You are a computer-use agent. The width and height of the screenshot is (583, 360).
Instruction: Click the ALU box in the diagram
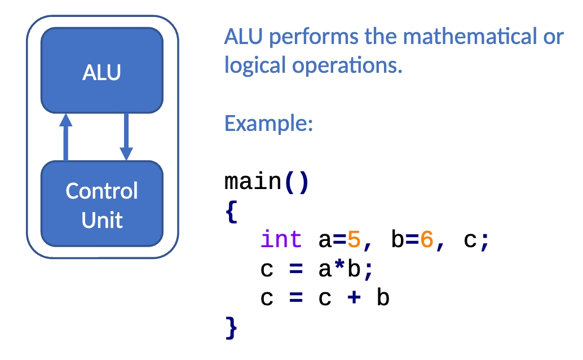(102, 70)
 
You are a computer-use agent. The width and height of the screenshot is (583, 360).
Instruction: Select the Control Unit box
(102, 204)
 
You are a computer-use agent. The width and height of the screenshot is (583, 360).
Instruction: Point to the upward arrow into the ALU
(66, 137)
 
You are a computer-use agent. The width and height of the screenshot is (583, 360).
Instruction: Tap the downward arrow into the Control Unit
(126, 137)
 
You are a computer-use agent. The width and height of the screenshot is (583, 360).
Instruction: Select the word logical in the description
(255, 65)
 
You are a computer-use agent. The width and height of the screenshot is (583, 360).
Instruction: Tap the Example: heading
(268, 124)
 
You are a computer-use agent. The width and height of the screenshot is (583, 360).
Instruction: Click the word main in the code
(253, 181)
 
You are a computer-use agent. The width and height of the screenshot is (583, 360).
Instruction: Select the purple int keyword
(281, 239)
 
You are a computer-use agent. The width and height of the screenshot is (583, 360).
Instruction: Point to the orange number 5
(354, 239)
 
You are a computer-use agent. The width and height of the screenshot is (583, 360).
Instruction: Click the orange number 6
(427, 239)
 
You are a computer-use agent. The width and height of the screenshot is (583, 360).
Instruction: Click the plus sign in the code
(354, 297)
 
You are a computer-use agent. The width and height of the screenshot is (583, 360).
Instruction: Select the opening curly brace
(232, 212)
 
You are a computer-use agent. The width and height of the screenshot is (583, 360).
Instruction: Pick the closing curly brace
(231, 328)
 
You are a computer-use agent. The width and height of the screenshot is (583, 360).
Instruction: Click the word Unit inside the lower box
(102, 220)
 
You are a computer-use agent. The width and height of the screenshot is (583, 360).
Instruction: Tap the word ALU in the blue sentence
(244, 37)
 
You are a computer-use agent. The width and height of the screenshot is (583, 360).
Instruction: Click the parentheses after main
(297, 182)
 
